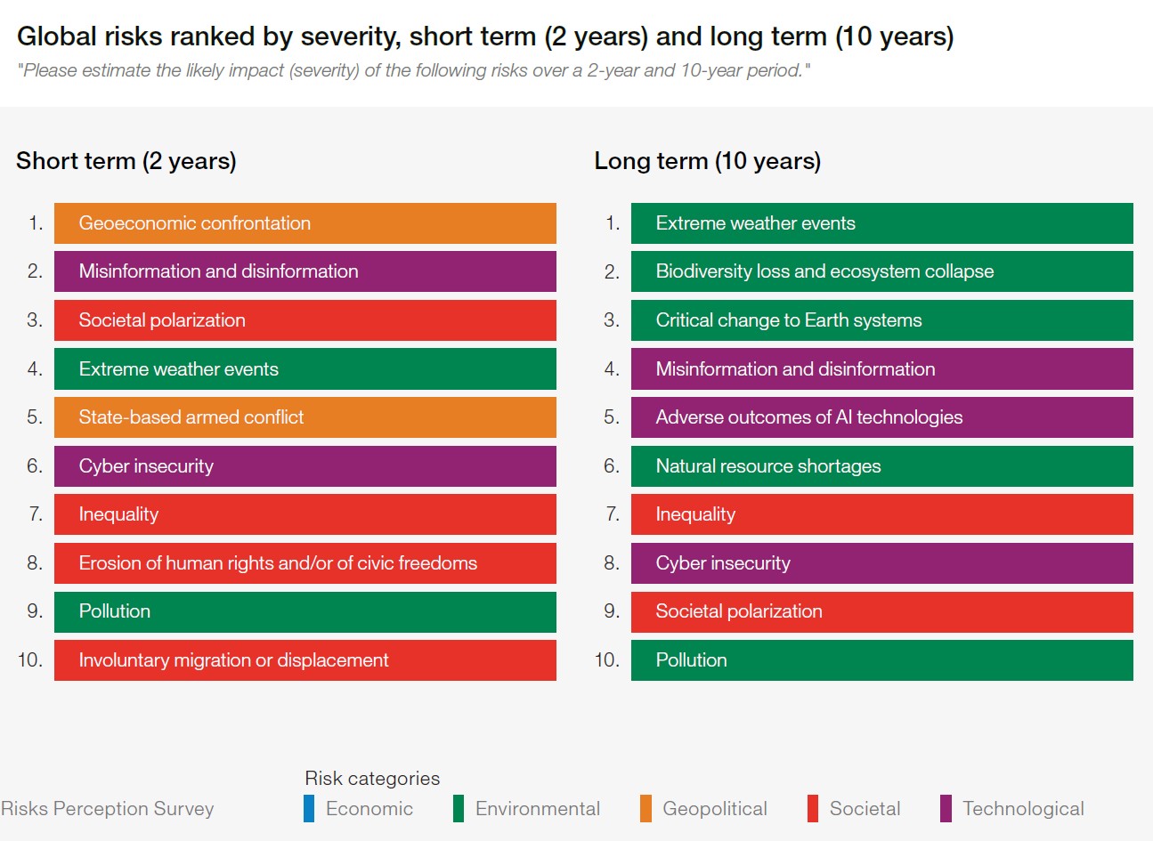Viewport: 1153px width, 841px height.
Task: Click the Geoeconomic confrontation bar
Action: pyautogui.click(x=304, y=223)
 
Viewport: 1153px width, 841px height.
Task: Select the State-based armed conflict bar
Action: pyautogui.click(x=304, y=417)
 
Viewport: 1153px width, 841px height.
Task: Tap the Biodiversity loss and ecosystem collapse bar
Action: pyautogui.click(x=881, y=271)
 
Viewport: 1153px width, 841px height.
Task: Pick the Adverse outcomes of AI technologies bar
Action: pyautogui.click(x=881, y=417)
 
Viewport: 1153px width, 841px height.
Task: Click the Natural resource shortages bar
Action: pyautogui.click(x=881, y=466)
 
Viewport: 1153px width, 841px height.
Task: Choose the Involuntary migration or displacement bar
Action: pyautogui.click(x=304, y=660)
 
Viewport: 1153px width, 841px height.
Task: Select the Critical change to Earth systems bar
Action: pyautogui.click(x=881, y=320)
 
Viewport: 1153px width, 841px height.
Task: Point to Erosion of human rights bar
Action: pyautogui.click(x=304, y=563)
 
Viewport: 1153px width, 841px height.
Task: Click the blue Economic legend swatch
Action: pyautogui.click(x=309, y=808)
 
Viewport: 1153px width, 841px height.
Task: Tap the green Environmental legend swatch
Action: pyautogui.click(x=459, y=808)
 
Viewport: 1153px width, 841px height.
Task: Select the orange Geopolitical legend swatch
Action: pyautogui.click(x=646, y=808)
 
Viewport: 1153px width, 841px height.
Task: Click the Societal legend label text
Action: pyautogui.click(x=865, y=808)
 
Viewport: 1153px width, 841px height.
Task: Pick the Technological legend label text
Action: pyautogui.click(x=1023, y=808)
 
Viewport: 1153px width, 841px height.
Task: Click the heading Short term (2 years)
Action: pyautogui.click(x=126, y=161)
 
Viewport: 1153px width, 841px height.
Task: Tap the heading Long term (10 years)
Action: pyautogui.click(x=707, y=161)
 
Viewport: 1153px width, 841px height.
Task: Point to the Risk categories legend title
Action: pyautogui.click(x=372, y=778)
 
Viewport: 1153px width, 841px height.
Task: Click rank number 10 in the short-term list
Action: pyautogui.click(x=30, y=660)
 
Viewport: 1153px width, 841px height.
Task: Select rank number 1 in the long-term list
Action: pyautogui.click(x=613, y=223)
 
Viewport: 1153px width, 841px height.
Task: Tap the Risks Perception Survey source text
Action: pyautogui.click(x=108, y=808)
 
